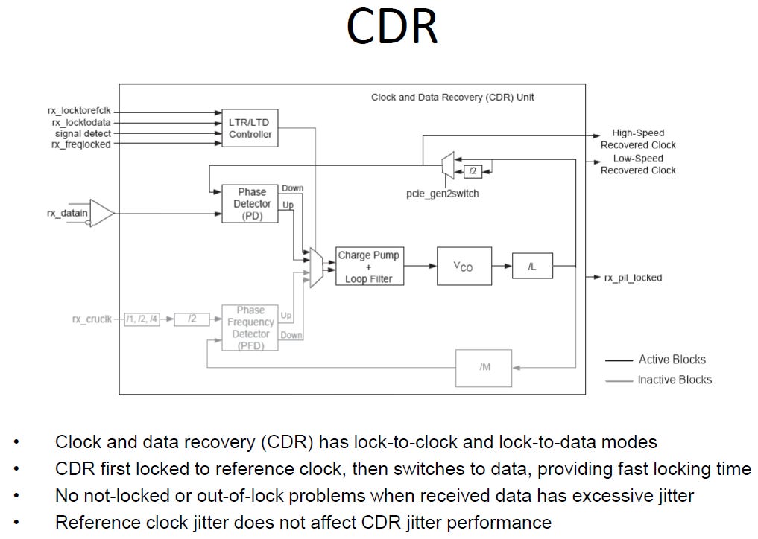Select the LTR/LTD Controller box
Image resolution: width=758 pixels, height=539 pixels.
(250, 129)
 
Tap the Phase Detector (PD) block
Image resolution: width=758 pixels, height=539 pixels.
(250, 204)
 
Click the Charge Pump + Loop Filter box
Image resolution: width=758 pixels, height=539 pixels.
(370, 267)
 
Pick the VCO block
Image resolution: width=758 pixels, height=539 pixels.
(464, 266)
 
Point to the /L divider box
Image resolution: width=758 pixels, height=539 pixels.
(532, 266)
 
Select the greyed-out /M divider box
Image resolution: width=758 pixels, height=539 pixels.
(484, 368)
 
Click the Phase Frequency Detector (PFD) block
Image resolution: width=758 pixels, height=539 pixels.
(250, 328)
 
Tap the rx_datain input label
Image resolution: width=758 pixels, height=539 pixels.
(67, 213)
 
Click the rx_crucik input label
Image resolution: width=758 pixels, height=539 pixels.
(92, 319)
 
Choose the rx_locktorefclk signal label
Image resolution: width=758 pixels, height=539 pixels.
(79, 111)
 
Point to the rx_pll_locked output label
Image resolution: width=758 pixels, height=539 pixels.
(634, 278)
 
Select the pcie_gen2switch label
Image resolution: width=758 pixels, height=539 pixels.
(442, 194)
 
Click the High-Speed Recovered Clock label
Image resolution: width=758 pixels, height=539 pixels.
(638, 139)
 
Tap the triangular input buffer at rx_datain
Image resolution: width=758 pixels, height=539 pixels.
(101, 213)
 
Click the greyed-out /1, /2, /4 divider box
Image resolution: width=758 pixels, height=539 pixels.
(142, 319)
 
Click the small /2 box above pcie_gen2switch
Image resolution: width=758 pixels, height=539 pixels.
(473, 171)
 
